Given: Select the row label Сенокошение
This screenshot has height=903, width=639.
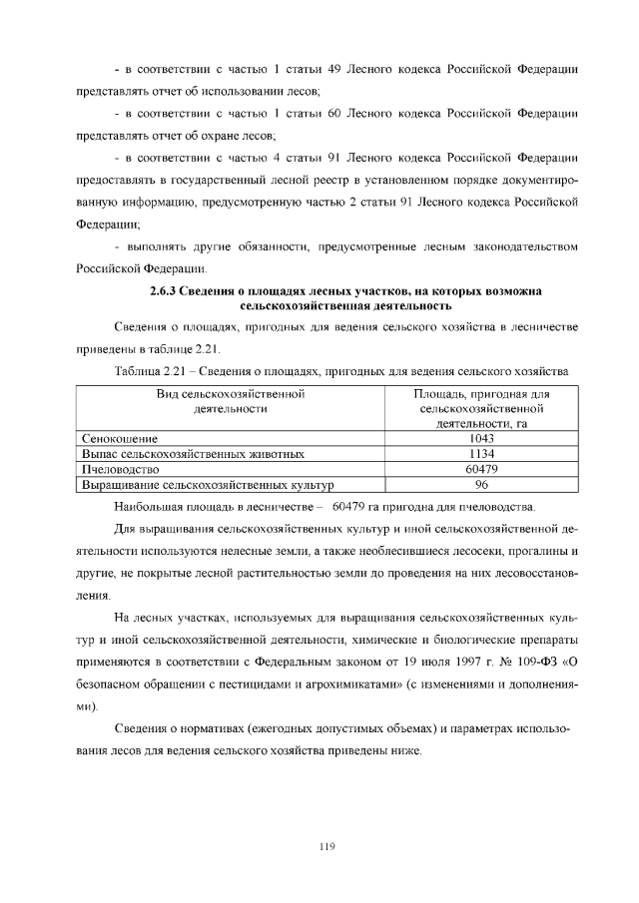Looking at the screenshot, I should [x=119, y=438].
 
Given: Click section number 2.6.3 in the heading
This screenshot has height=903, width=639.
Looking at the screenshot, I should [x=164, y=291].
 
